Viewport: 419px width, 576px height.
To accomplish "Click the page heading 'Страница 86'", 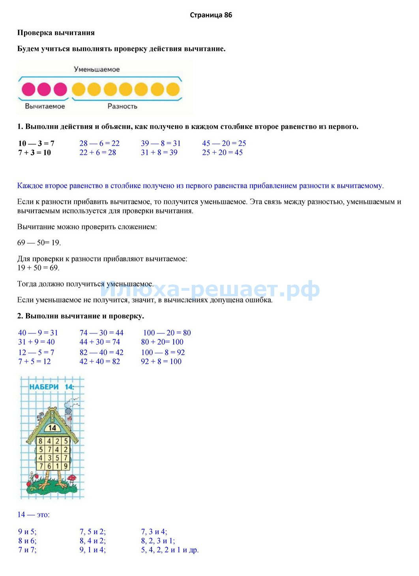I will tap(211, 15).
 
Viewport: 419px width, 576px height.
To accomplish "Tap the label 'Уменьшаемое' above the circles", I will tap(97, 69).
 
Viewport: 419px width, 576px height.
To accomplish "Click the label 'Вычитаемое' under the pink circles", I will tap(45, 106).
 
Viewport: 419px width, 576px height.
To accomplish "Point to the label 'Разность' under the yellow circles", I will tap(122, 106).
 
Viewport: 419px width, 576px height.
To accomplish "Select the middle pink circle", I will tap(44, 89).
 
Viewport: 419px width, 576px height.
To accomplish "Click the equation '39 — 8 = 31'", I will tap(161, 143).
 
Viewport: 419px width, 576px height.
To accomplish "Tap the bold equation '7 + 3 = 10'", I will tap(35, 153).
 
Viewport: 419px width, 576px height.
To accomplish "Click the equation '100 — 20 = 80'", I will tap(167, 333).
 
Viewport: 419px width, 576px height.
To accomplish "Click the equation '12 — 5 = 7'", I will tap(36, 352).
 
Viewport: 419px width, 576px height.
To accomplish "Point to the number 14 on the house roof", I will tap(52, 427).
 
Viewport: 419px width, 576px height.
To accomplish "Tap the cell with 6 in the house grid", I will tap(49, 467).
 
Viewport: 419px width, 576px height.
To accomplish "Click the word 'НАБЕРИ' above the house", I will tap(44, 387).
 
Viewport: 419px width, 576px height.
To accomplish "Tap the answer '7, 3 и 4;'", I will tap(154, 532).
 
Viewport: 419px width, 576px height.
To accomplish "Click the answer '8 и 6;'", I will tap(27, 541).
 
